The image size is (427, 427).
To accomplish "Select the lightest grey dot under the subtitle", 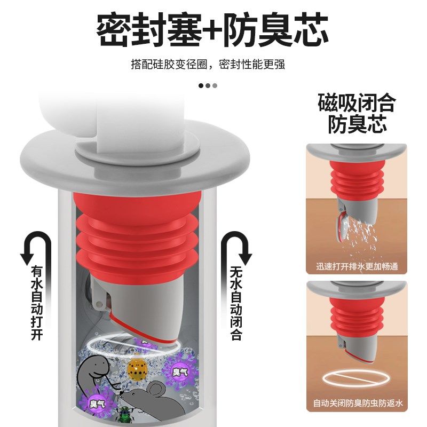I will point(215,85).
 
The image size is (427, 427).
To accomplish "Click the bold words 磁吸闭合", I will point(356,102).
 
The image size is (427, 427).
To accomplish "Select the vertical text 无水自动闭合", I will point(235,304).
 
